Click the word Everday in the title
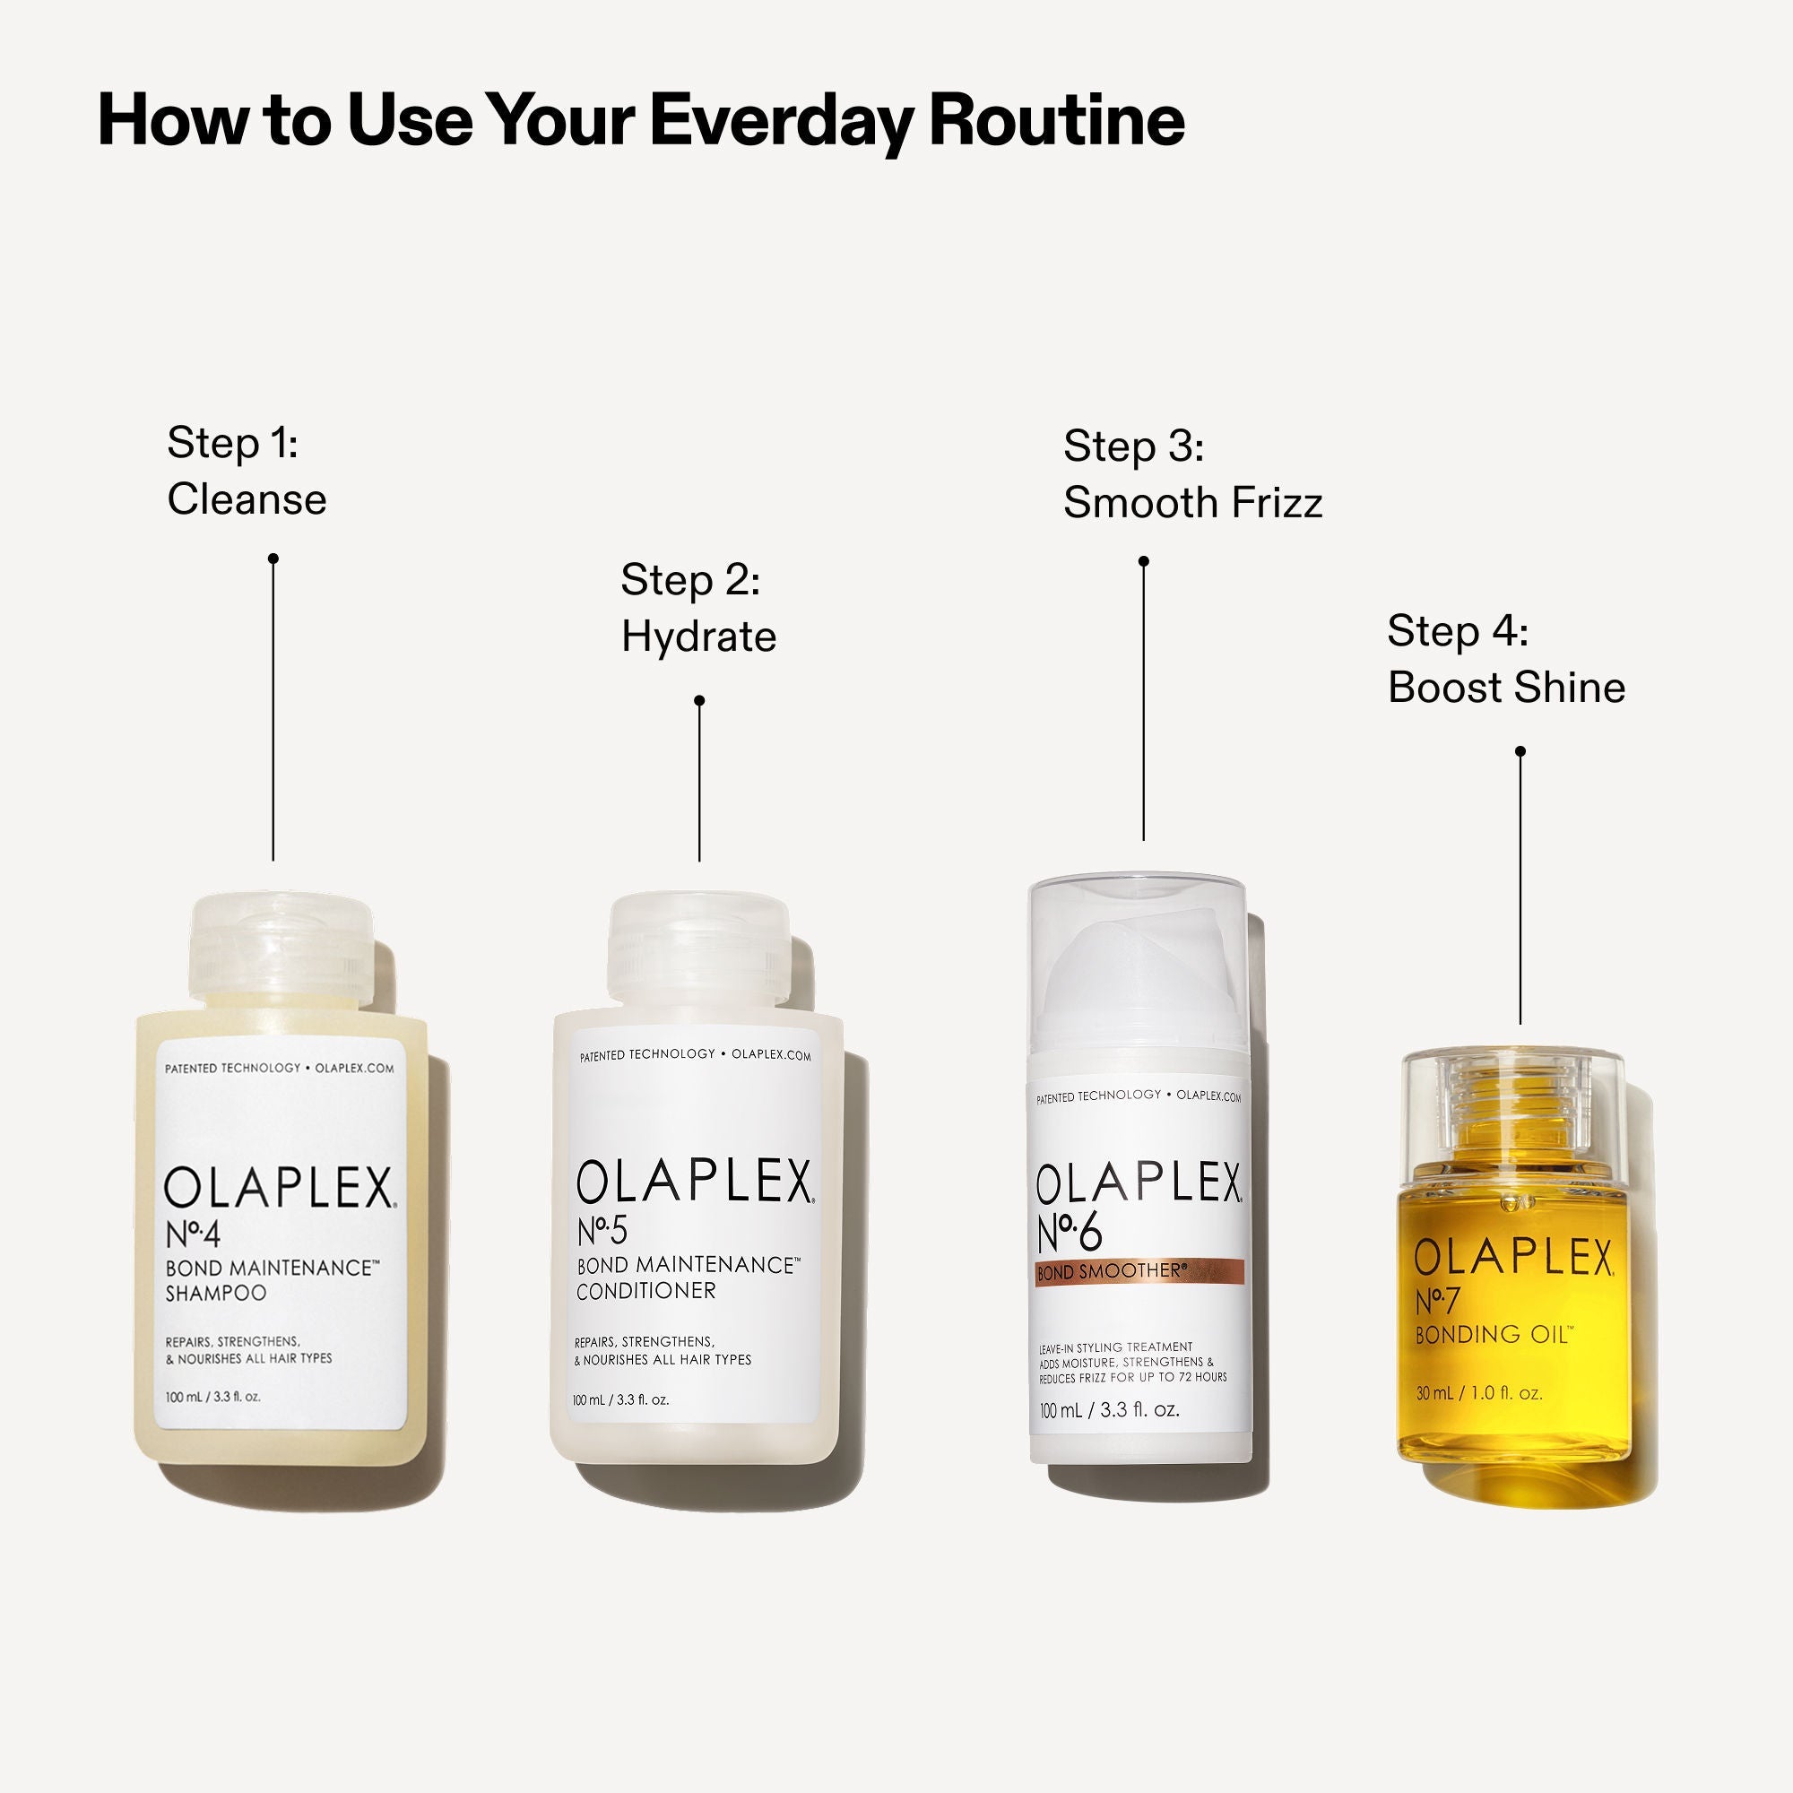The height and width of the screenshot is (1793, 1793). tap(781, 121)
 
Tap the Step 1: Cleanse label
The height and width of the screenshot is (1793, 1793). tap(246, 471)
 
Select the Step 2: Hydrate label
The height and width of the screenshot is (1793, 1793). tap(697, 608)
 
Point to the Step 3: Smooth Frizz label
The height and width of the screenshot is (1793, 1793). tap(1191, 474)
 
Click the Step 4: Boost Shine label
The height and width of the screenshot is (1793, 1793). tap(1505, 659)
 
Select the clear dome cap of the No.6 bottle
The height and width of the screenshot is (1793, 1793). tap(1137, 956)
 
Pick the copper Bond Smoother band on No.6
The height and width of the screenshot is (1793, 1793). tap(1139, 1272)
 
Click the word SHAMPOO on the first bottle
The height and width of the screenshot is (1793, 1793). tap(215, 1293)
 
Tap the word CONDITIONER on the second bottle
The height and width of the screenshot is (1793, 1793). tap(645, 1291)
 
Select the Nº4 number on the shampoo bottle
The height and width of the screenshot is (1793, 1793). tap(193, 1235)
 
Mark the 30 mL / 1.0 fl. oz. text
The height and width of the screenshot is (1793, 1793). tap(1479, 1393)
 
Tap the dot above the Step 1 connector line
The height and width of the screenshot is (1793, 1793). tap(273, 559)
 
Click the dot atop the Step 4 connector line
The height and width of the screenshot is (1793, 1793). tap(1520, 750)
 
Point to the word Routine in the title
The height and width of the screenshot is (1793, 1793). tap(1057, 121)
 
